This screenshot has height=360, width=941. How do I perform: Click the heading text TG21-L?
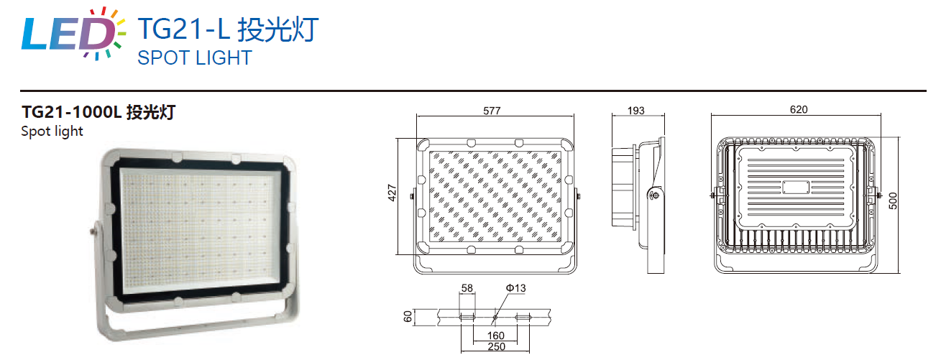point(184,29)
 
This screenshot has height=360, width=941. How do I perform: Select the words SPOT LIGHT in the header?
point(195,58)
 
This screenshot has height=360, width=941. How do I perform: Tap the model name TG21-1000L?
point(71,112)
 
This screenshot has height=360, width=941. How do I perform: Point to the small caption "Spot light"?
point(52,131)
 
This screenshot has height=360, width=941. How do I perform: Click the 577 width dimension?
point(492,111)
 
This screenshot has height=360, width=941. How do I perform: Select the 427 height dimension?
point(392,193)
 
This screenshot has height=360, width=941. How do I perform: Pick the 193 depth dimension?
point(636,111)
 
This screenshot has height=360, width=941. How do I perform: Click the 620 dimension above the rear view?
point(799,110)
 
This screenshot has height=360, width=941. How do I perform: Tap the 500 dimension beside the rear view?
point(893,200)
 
